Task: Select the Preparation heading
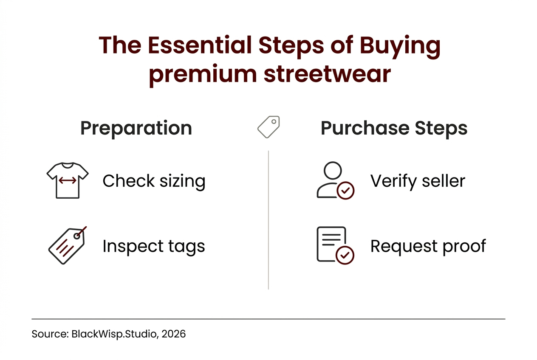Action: [136, 128]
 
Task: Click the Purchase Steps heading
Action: [394, 128]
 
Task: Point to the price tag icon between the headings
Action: [268, 127]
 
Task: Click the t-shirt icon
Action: [67, 180]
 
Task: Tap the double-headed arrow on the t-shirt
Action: [67, 181]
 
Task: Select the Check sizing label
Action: [154, 181]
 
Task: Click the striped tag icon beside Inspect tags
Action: [67, 245]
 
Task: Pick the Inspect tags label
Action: [154, 246]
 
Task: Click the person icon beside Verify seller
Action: [331, 179]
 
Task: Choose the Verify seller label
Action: [418, 181]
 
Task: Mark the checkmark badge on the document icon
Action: [345, 255]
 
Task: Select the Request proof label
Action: [428, 246]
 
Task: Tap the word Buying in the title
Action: [399, 46]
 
